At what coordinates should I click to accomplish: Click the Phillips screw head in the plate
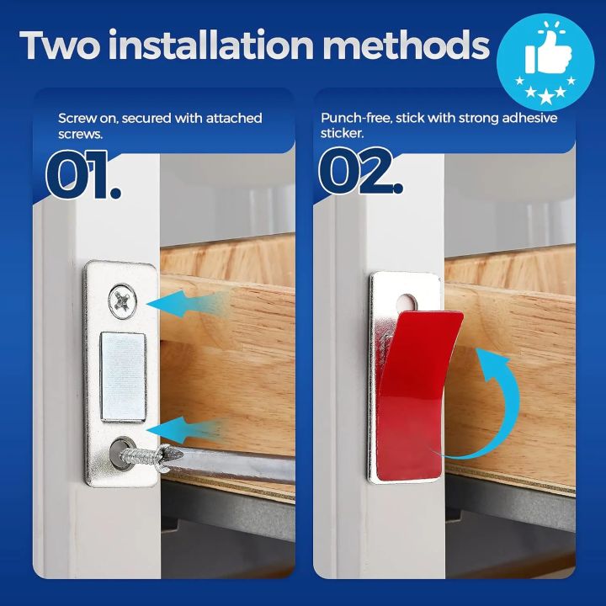(x=121, y=298)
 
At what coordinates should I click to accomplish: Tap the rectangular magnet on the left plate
(x=123, y=375)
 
